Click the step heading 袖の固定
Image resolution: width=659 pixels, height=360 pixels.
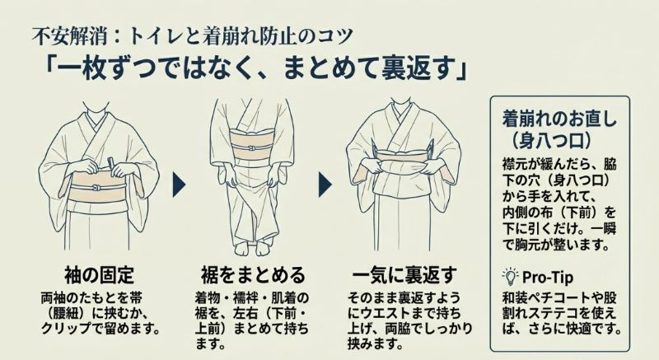click(x=98, y=274)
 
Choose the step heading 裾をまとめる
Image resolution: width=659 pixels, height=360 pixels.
click(x=252, y=274)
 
